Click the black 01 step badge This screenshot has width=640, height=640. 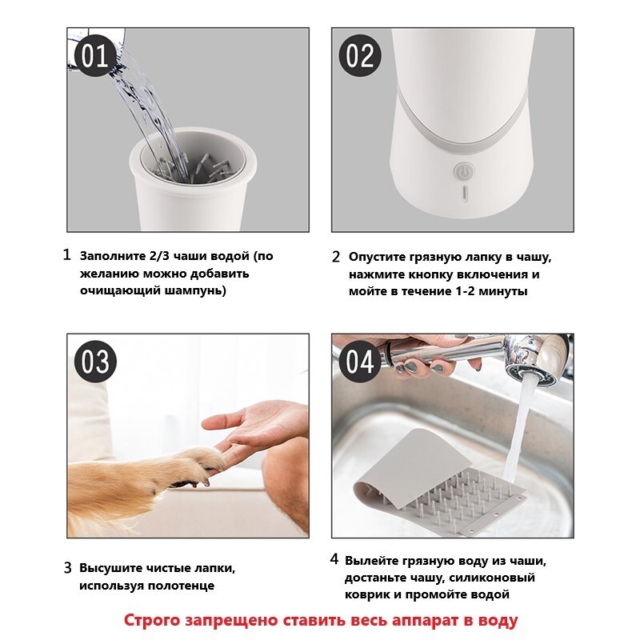coord(94,56)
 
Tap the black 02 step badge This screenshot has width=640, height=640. coord(360,56)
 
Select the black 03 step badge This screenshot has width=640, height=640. coord(95,362)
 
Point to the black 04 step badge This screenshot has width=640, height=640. coord(360,362)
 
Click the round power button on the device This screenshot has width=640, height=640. coord(463,172)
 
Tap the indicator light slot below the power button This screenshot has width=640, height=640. coord(464,194)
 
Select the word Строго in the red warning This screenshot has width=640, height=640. coord(151,621)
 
